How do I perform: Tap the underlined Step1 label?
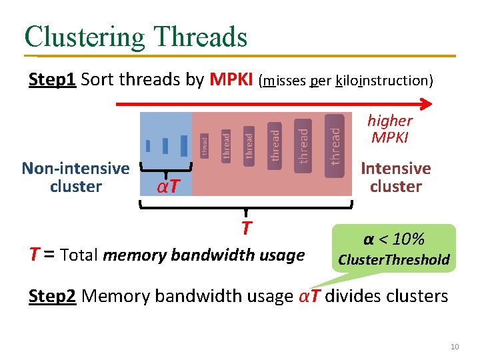coord(53,80)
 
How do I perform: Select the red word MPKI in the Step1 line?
coord(231,80)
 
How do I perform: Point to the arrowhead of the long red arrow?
coord(427,103)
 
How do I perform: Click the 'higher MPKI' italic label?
coord(390,129)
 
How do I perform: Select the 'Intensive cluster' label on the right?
coord(396,177)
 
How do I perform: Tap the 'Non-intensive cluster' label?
coord(75,177)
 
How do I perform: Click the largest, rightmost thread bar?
coord(335,145)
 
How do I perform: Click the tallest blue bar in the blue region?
coord(183,144)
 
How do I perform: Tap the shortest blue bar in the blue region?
coord(147,145)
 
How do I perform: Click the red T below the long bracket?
coord(246,229)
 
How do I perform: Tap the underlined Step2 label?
coord(53,295)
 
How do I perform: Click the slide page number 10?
coord(455,345)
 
